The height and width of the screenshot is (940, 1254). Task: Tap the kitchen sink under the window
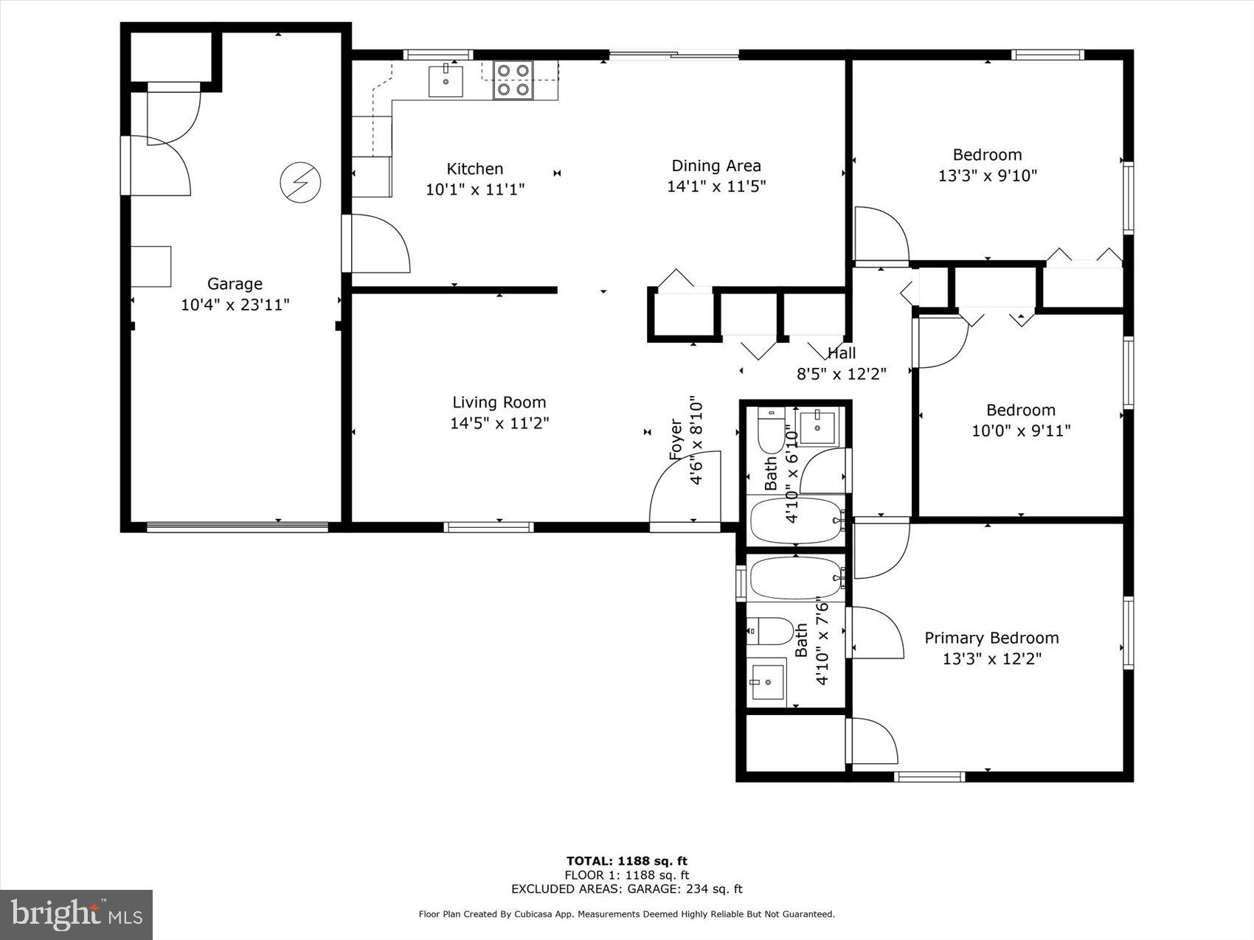click(x=446, y=81)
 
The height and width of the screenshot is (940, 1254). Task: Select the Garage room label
click(x=235, y=284)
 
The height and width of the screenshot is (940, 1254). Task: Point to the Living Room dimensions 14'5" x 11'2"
click(x=499, y=423)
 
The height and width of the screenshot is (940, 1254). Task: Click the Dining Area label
click(x=716, y=166)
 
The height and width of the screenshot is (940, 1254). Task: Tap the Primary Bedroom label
click(x=991, y=638)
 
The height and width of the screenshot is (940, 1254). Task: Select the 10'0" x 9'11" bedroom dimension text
click(x=1020, y=431)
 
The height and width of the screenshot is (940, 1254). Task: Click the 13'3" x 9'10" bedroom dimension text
click(x=987, y=175)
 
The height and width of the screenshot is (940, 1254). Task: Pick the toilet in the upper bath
click(x=772, y=431)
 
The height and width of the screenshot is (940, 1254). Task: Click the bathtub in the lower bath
click(x=795, y=578)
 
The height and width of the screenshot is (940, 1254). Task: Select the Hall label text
click(x=841, y=353)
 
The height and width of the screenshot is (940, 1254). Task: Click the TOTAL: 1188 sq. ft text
click(x=626, y=860)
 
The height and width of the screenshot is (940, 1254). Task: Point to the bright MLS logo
click(x=76, y=915)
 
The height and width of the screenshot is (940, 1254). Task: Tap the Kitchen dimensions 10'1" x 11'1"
click(x=474, y=189)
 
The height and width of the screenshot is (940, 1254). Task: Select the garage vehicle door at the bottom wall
click(x=237, y=526)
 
